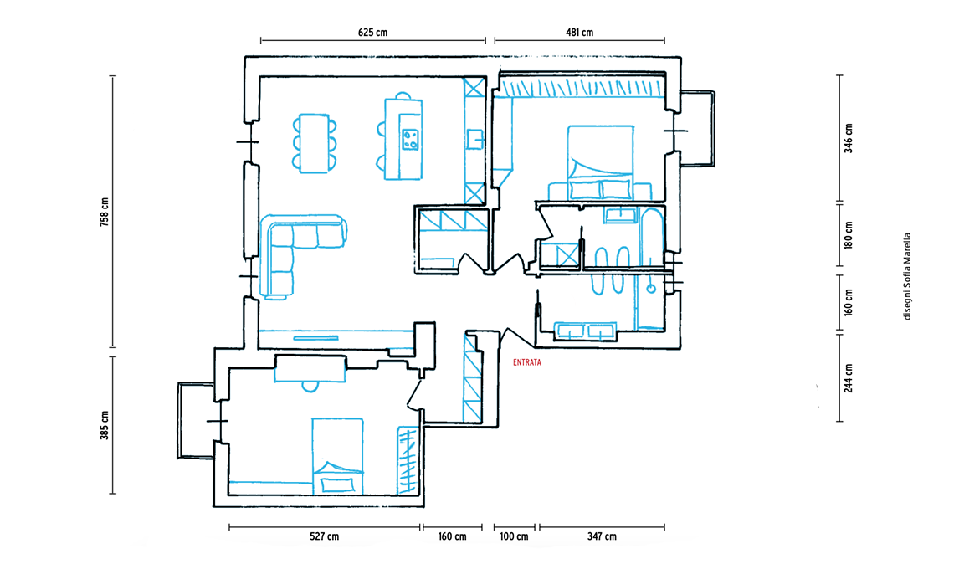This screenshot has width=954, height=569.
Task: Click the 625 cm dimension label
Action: click(372, 33)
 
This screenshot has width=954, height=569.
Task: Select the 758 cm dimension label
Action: click(105, 213)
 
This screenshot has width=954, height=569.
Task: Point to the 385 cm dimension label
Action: click(105, 425)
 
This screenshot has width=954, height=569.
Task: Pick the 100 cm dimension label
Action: click(513, 536)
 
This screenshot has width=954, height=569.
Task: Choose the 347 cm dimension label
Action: click(601, 536)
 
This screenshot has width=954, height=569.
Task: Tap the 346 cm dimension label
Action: click(849, 139)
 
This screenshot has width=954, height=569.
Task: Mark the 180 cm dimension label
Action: click(849, 236)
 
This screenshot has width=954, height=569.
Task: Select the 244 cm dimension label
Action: click(849, 377)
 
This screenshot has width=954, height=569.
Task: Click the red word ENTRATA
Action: click(527, 363)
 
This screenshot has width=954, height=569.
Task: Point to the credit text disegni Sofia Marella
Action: click(907, 276)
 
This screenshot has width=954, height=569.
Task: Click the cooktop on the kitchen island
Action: click(410, 138)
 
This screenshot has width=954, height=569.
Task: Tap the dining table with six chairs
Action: click(315, 142)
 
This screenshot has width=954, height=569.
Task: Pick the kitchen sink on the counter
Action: click(474, 138)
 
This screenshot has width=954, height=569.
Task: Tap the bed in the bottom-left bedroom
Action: click(338, 456)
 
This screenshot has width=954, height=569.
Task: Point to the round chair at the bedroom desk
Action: click(311, 386)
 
